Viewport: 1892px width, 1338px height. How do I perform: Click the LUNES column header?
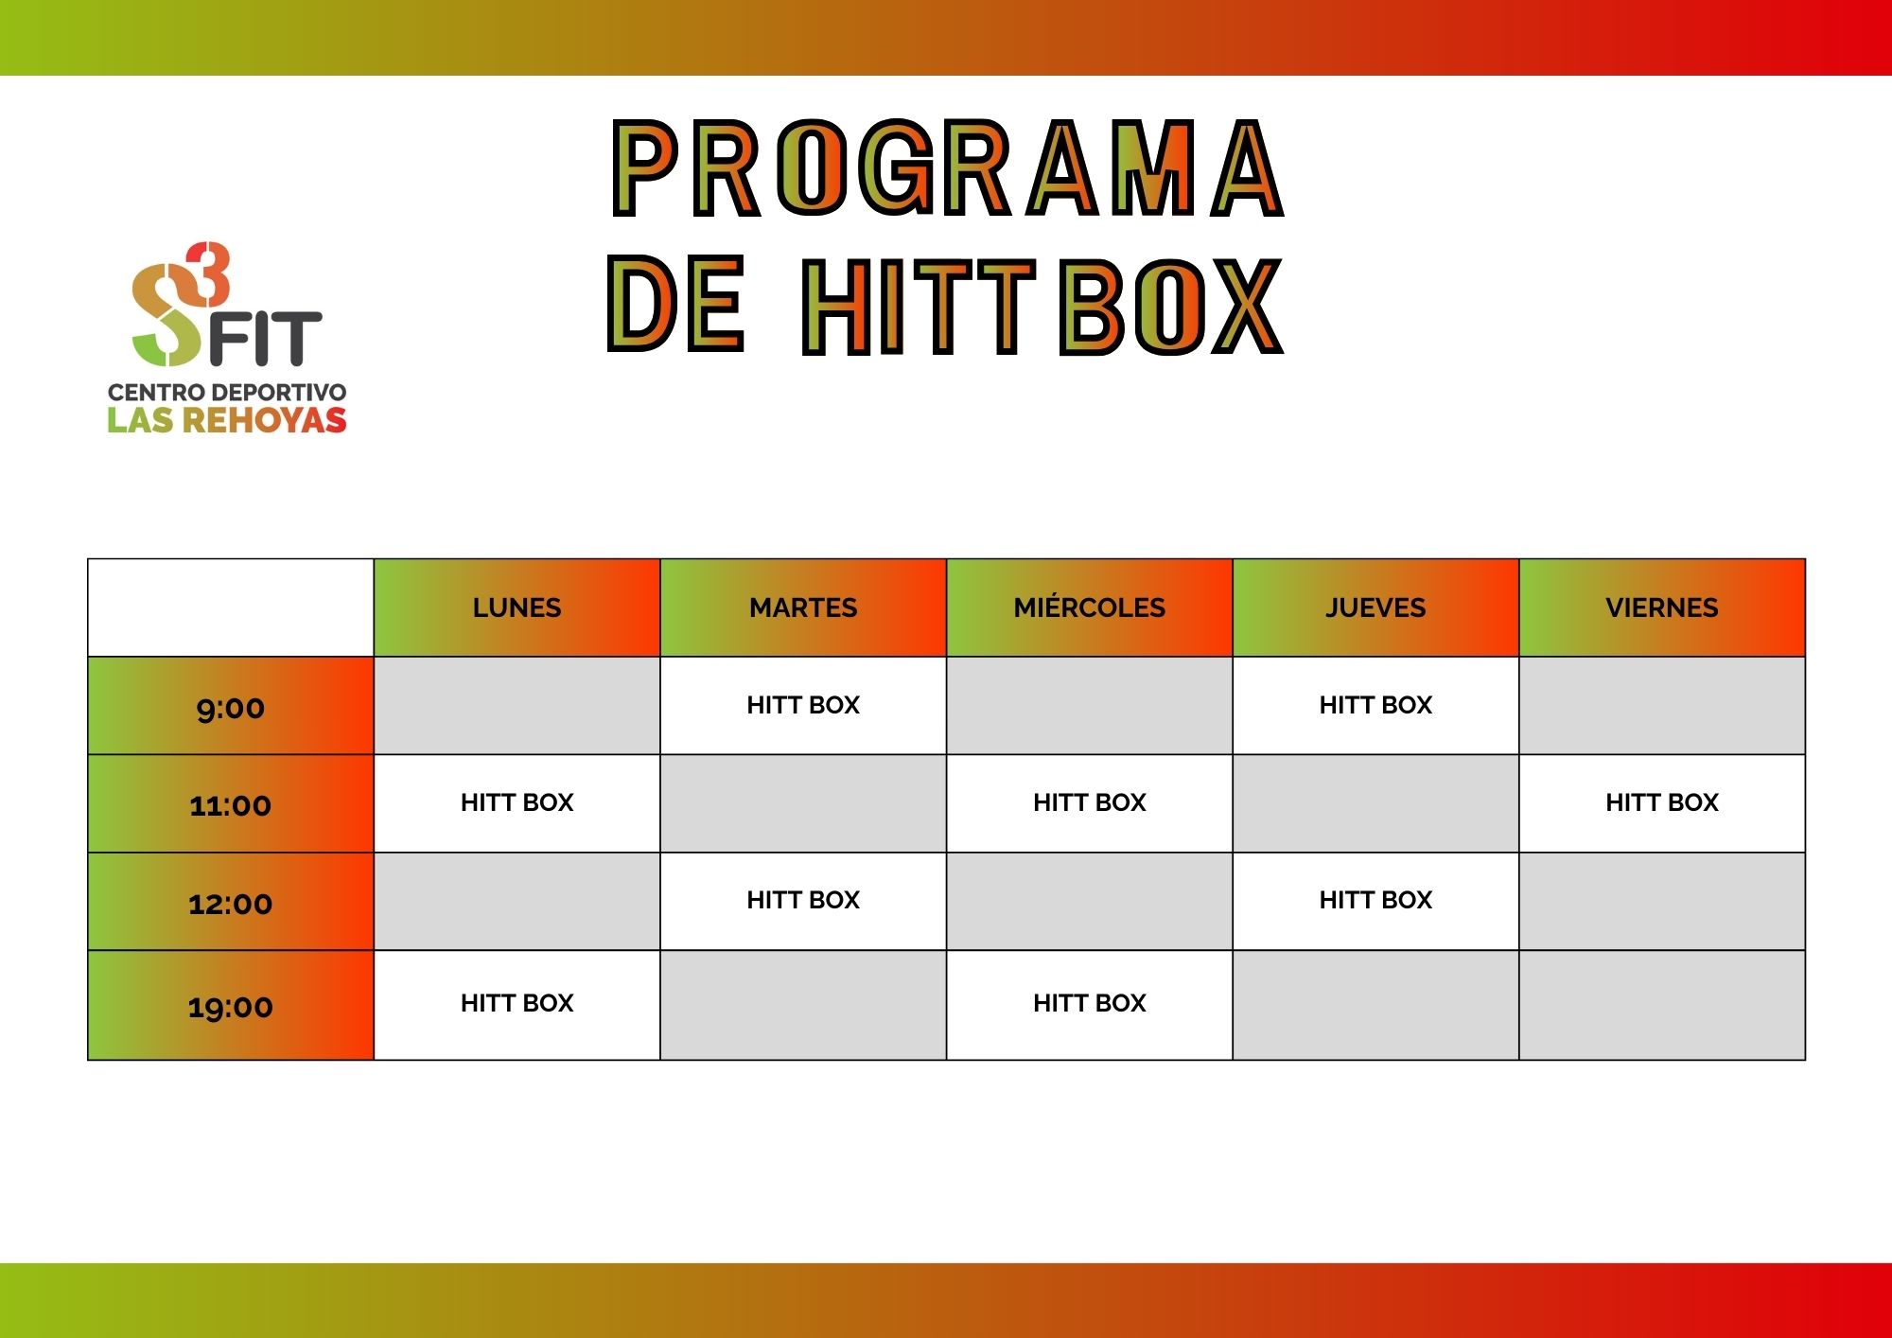click(517, 607)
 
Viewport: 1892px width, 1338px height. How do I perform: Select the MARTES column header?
click(803, 607)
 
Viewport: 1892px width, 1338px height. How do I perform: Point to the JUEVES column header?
click(1375, 607)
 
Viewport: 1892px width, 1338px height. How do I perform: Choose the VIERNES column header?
click(1662, 607)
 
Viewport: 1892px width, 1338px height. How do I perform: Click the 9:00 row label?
click(231, 708)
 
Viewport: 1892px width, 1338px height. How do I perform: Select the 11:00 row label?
click(231, 805)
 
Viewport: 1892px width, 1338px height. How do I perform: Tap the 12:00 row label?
click(231, 904)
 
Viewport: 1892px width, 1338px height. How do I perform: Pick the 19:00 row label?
click(231, 1007)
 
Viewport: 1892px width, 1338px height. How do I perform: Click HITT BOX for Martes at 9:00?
click(803, 705)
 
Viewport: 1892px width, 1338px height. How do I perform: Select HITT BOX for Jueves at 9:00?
click(1375, 705)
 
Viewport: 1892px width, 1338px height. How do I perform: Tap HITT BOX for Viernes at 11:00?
click(1662, 802)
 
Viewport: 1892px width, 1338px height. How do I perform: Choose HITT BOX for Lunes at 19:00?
click(517, 1003)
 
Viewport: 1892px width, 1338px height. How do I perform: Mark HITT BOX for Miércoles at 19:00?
click(1090, 1003)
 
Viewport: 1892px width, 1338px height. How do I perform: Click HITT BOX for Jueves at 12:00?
click(1375, 900)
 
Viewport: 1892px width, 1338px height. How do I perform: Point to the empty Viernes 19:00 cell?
click(1662, 1005)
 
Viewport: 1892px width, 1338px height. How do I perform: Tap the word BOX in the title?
click(1171, 306)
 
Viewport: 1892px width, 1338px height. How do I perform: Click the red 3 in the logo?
click(208, 274)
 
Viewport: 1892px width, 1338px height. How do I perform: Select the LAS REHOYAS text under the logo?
click(227, 420)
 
